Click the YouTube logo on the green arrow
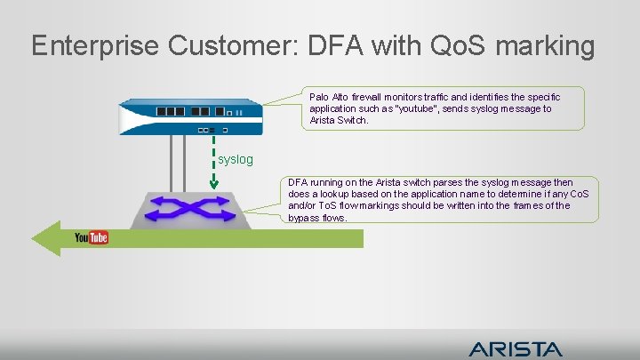[91, 237]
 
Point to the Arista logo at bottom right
[515, 348]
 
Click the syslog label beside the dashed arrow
[236, 159]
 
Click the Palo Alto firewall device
[191, 114]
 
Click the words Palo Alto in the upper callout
[328, 97]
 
